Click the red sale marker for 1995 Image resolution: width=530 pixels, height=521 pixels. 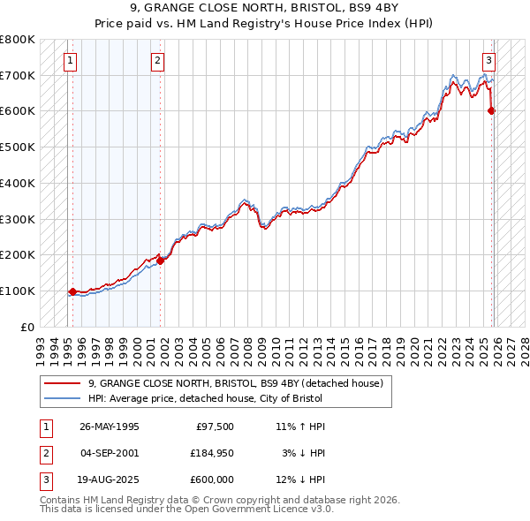[x=72, y=291]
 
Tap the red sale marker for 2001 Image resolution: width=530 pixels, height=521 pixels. [x=160, y=260]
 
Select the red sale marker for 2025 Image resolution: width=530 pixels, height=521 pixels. [x=492, y=110]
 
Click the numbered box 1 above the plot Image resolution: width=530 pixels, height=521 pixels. [x=70, y=61]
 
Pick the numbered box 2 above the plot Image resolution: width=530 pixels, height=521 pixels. [x=157, y=61]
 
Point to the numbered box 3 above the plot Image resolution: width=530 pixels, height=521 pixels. [x=488, y=61]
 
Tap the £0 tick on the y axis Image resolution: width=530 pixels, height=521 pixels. [x=28, y=327]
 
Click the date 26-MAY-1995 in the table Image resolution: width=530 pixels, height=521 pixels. [x=110, y=427]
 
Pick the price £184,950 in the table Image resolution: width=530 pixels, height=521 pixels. [x=213, y=453]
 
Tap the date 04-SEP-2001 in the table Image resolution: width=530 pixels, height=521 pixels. [x=110, y=453]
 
